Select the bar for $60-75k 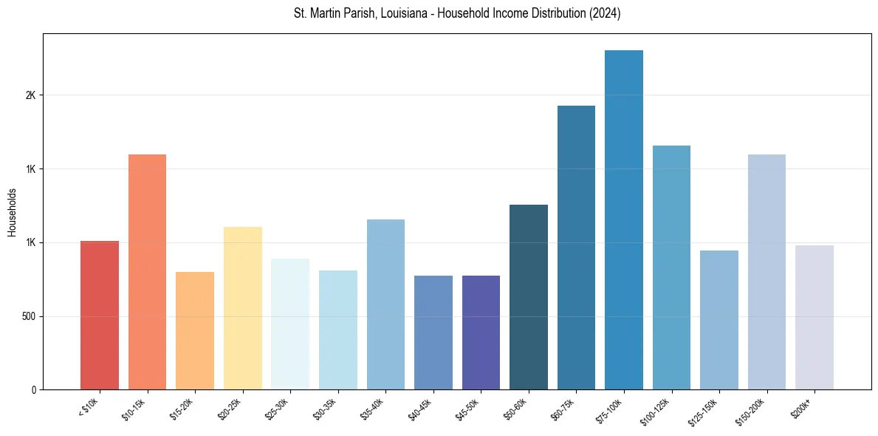point(576,248)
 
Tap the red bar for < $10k point(100,316)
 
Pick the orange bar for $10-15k point(147,272)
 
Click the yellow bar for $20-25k point(242,308)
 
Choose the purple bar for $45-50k point(481,333)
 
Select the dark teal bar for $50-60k point(529,297)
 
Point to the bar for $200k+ point(814,318)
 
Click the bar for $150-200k point(766,272)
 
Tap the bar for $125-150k point(719,320)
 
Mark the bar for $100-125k point(671,268)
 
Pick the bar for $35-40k point(385,304)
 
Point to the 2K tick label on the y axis point(30,95)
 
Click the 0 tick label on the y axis point(33,389)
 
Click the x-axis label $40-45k point(420,408)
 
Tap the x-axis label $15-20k point(182,408)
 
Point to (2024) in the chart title point(604,13)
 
